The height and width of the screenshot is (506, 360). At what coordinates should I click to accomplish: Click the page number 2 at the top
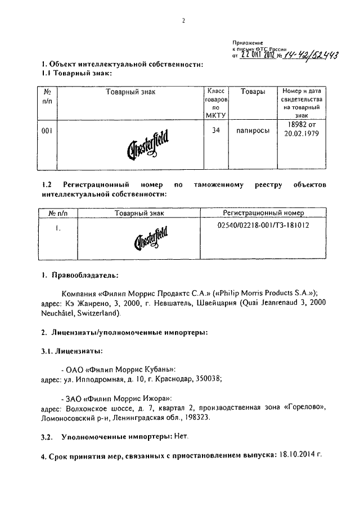[x=183, y=21]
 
